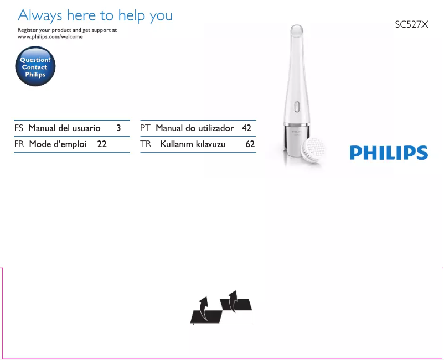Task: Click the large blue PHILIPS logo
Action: (389, 153)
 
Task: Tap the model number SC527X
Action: (411, 24)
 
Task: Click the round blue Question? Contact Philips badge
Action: (35, 66)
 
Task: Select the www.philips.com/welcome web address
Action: (50, 36)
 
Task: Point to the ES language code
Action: (19, 128)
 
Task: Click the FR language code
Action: (19, 144)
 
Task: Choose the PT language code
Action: (145, 128)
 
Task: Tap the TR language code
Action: (146, 144)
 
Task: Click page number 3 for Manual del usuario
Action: (118, 128)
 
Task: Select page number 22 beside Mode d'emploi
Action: (102, 144)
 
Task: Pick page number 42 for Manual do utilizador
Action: (246, 128)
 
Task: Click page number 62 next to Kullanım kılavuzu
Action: (250, 144)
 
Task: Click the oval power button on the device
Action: (297, 107)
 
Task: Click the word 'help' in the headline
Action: (131, 16)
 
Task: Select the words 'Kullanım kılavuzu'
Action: (193, 144)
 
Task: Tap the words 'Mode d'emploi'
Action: (58, 144)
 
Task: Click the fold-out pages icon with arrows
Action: (221, 308)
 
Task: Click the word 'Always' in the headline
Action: (40, 16)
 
